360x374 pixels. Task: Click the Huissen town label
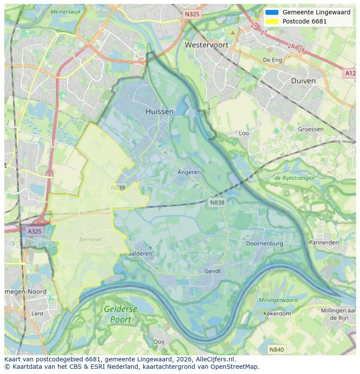[x=160, y=112]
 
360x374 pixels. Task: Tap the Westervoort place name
[x=207, y=45]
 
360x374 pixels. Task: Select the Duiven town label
[x=303, y=81]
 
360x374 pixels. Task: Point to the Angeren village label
[x=189, y=172]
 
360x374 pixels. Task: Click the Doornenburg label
[x=264, y=243]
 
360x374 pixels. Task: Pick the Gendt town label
[x=213, y=271]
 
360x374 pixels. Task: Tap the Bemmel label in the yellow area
[x=90, y=239]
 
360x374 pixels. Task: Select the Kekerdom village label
[x=277, y=313]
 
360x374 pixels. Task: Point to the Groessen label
[x=311, y=129]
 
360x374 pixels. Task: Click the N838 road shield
[x=217, y=202]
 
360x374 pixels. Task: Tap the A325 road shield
[x=35, y=231]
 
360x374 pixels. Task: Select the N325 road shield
[x=192, y=14]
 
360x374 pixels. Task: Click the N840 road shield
[x=276, y=349]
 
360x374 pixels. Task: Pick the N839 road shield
[x=118, y=188]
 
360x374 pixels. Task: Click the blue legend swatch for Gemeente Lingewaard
[x=272, y=12]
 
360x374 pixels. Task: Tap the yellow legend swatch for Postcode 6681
[x=272, y=21]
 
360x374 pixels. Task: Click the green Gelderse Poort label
[x=120, y=314]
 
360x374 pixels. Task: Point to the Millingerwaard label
[x=278, y=300]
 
